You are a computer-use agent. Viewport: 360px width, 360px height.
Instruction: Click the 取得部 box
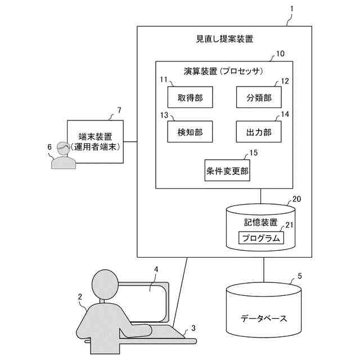(x=186, y=98)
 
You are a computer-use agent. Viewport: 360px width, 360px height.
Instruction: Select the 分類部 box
(x=259, y=98)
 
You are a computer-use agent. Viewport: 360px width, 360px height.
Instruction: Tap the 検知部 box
(x=186, y=132)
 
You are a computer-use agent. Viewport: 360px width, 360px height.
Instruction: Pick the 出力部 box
(x=259, y=132)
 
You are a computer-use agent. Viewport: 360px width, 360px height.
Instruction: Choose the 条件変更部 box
(x=227, y=170)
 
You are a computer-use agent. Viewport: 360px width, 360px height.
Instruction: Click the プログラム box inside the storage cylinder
(x=260, y=238)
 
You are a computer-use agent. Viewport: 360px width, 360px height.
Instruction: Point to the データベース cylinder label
(x=264, y=318)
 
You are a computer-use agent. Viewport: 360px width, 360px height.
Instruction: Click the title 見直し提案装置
(x=224, y=39)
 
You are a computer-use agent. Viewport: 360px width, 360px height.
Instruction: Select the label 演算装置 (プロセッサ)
(x=224, y=71)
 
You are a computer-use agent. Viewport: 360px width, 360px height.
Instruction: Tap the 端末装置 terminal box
(x=95, y=142)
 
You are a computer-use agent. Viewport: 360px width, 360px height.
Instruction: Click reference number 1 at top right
(x=292, y=10)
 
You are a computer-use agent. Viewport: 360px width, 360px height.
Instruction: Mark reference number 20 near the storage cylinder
(x=296, y=199)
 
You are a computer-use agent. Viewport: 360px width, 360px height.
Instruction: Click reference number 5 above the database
(x=300, y=276)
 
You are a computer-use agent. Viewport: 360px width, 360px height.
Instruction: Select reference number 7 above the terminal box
(x=119, y=110)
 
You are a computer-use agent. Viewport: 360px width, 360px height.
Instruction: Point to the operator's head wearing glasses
(x=63, y=150)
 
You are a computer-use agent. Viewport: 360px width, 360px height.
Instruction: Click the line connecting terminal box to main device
(x=130, y=141)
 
